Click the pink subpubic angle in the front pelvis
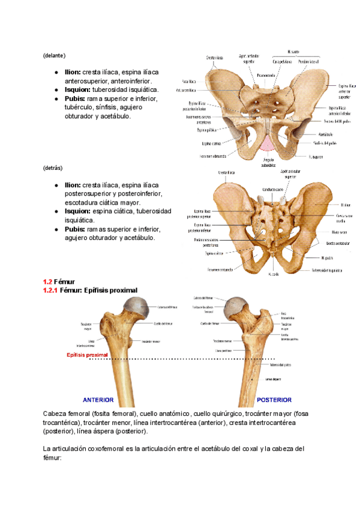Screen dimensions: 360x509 tap(267, 143)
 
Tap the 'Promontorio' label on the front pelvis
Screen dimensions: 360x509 tap(266, 75)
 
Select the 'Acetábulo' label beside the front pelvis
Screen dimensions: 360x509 tap(326, 134)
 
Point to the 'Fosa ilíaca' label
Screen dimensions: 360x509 tap(190, 80)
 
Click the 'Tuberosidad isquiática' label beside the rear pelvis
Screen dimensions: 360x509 tap(326, 270)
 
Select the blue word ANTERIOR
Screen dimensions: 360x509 tap(98, 399)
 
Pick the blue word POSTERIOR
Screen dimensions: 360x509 tap(274, 399)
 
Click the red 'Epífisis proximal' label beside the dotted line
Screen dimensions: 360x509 tap(87, 355)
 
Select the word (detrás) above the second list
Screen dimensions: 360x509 tap(53, 168)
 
